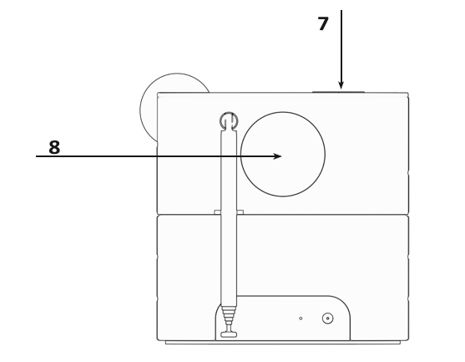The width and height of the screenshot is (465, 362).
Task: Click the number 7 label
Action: click(323, 23)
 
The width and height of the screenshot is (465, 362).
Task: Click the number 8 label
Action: click(54, 148)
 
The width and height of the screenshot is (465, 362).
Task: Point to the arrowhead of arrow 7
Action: click(341, 84)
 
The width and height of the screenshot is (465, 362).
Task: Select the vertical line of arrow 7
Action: click(341, 42)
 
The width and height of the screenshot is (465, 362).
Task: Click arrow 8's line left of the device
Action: click(92, 156)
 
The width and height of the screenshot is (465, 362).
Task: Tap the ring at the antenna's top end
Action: click(228, 120)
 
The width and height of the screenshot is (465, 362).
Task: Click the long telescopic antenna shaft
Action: click(228, 217)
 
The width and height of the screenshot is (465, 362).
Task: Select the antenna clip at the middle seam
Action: click(228, 212)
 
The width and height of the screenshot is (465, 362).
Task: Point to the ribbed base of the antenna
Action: click(228, 318)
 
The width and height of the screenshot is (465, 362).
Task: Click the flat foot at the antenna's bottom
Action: click(228, 335)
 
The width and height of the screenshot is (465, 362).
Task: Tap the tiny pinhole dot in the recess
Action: click(301, 319)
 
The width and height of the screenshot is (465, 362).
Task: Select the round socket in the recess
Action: click(327, 318)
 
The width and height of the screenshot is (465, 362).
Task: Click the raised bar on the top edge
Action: click(338, 91)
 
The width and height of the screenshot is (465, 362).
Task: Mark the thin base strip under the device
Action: click(282, 342)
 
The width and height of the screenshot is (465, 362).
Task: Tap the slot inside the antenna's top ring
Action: click(228, 123)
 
